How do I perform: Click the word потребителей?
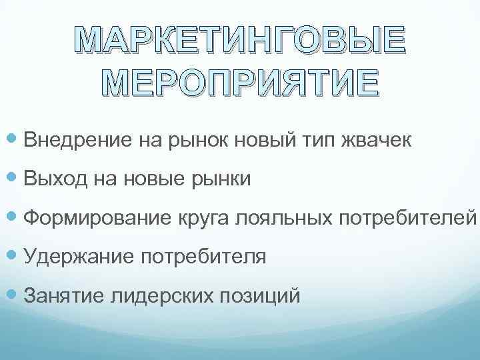(409, 218)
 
